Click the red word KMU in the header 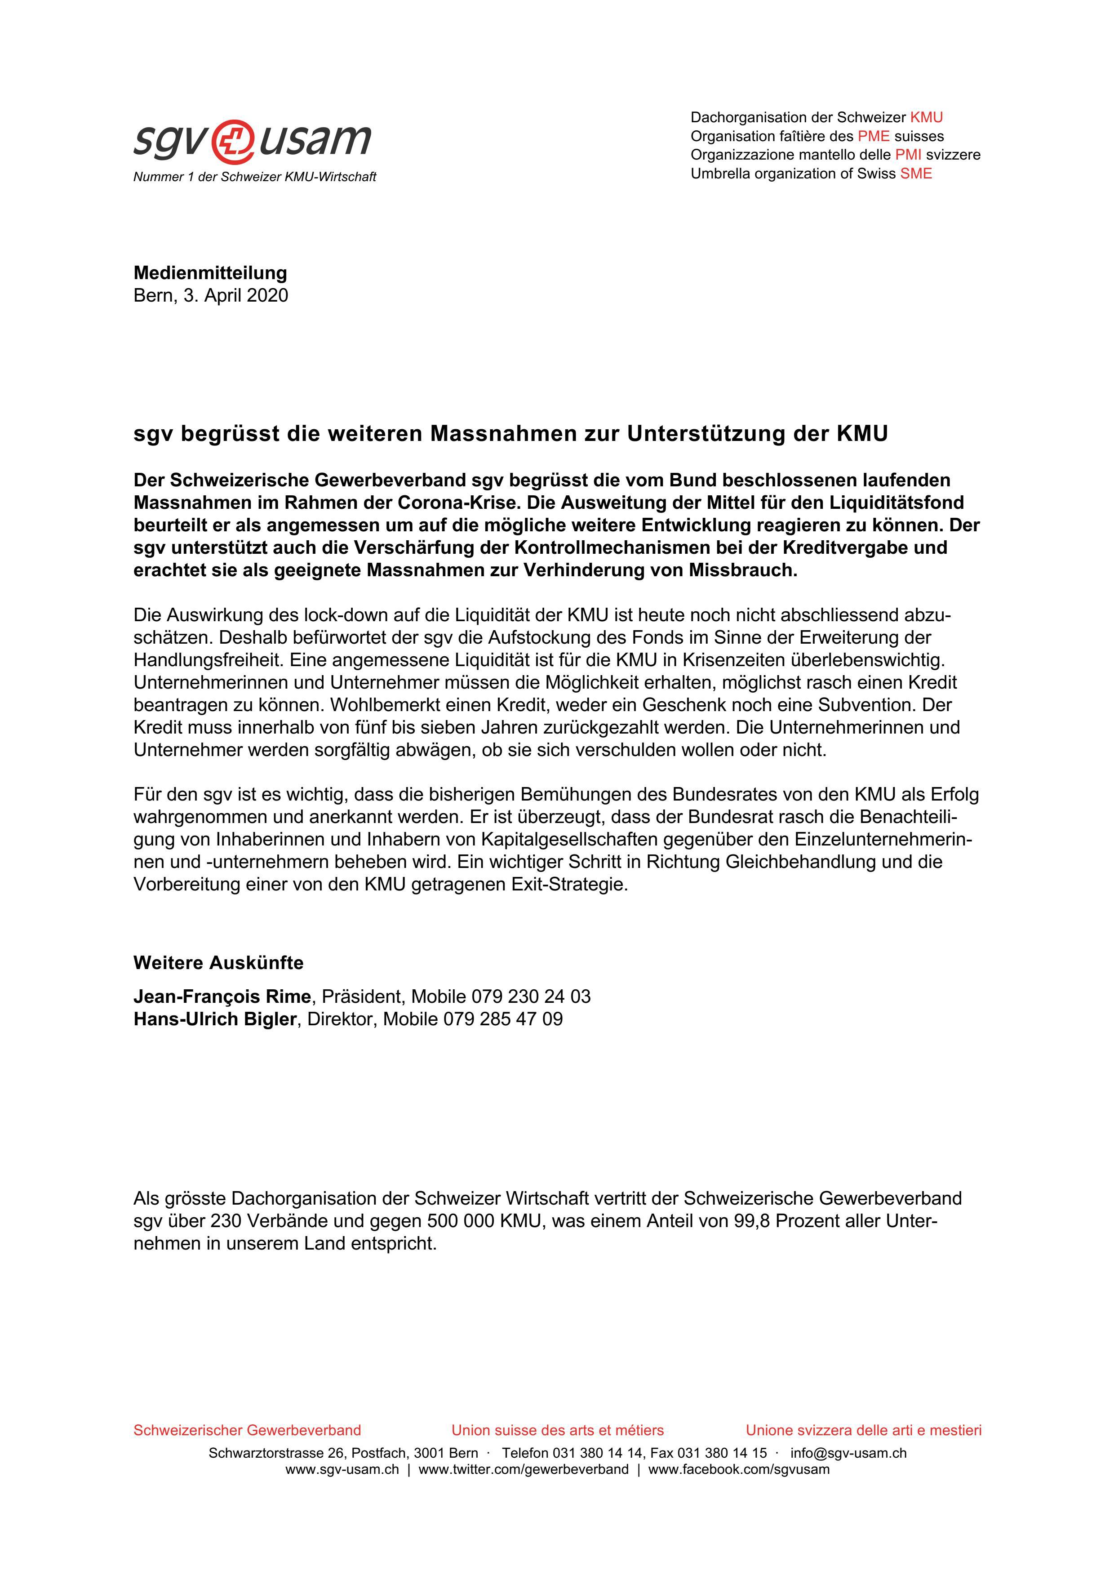point(926,117)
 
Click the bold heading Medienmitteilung point(210,273)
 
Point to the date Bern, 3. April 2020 point(211,296)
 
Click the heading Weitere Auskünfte point(218,963)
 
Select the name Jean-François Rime point(222,996)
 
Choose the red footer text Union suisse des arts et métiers point(557,1430)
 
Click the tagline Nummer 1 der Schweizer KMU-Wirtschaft point(254,177)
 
